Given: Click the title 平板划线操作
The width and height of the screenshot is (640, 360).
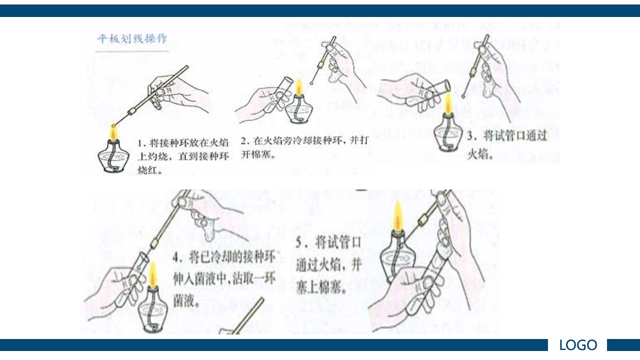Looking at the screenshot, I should point(132,39).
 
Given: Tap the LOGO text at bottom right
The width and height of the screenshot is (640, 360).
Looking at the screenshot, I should point(577,345).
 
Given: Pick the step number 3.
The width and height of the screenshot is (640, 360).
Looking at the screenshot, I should point(470,136).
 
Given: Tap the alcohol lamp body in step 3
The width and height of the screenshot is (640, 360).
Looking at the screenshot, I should point(447,136).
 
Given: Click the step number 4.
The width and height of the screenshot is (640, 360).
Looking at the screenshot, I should point(176,258).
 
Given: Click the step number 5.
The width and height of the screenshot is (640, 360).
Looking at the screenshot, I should point(298,243).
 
